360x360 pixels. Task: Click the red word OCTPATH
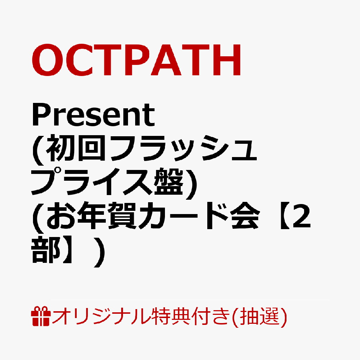tap(136, 60)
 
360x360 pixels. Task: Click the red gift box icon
tap(41, 316)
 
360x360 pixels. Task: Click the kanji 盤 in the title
tap(170, 182)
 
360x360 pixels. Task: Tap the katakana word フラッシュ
tap(184, 148)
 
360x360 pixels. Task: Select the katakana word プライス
tap(92, 182)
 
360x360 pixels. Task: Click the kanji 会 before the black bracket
tap(246, 216)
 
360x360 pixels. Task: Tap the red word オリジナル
tap(101, 316)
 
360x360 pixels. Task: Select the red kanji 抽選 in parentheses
tap(260, 316)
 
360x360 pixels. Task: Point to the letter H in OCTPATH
tap(227, 60)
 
